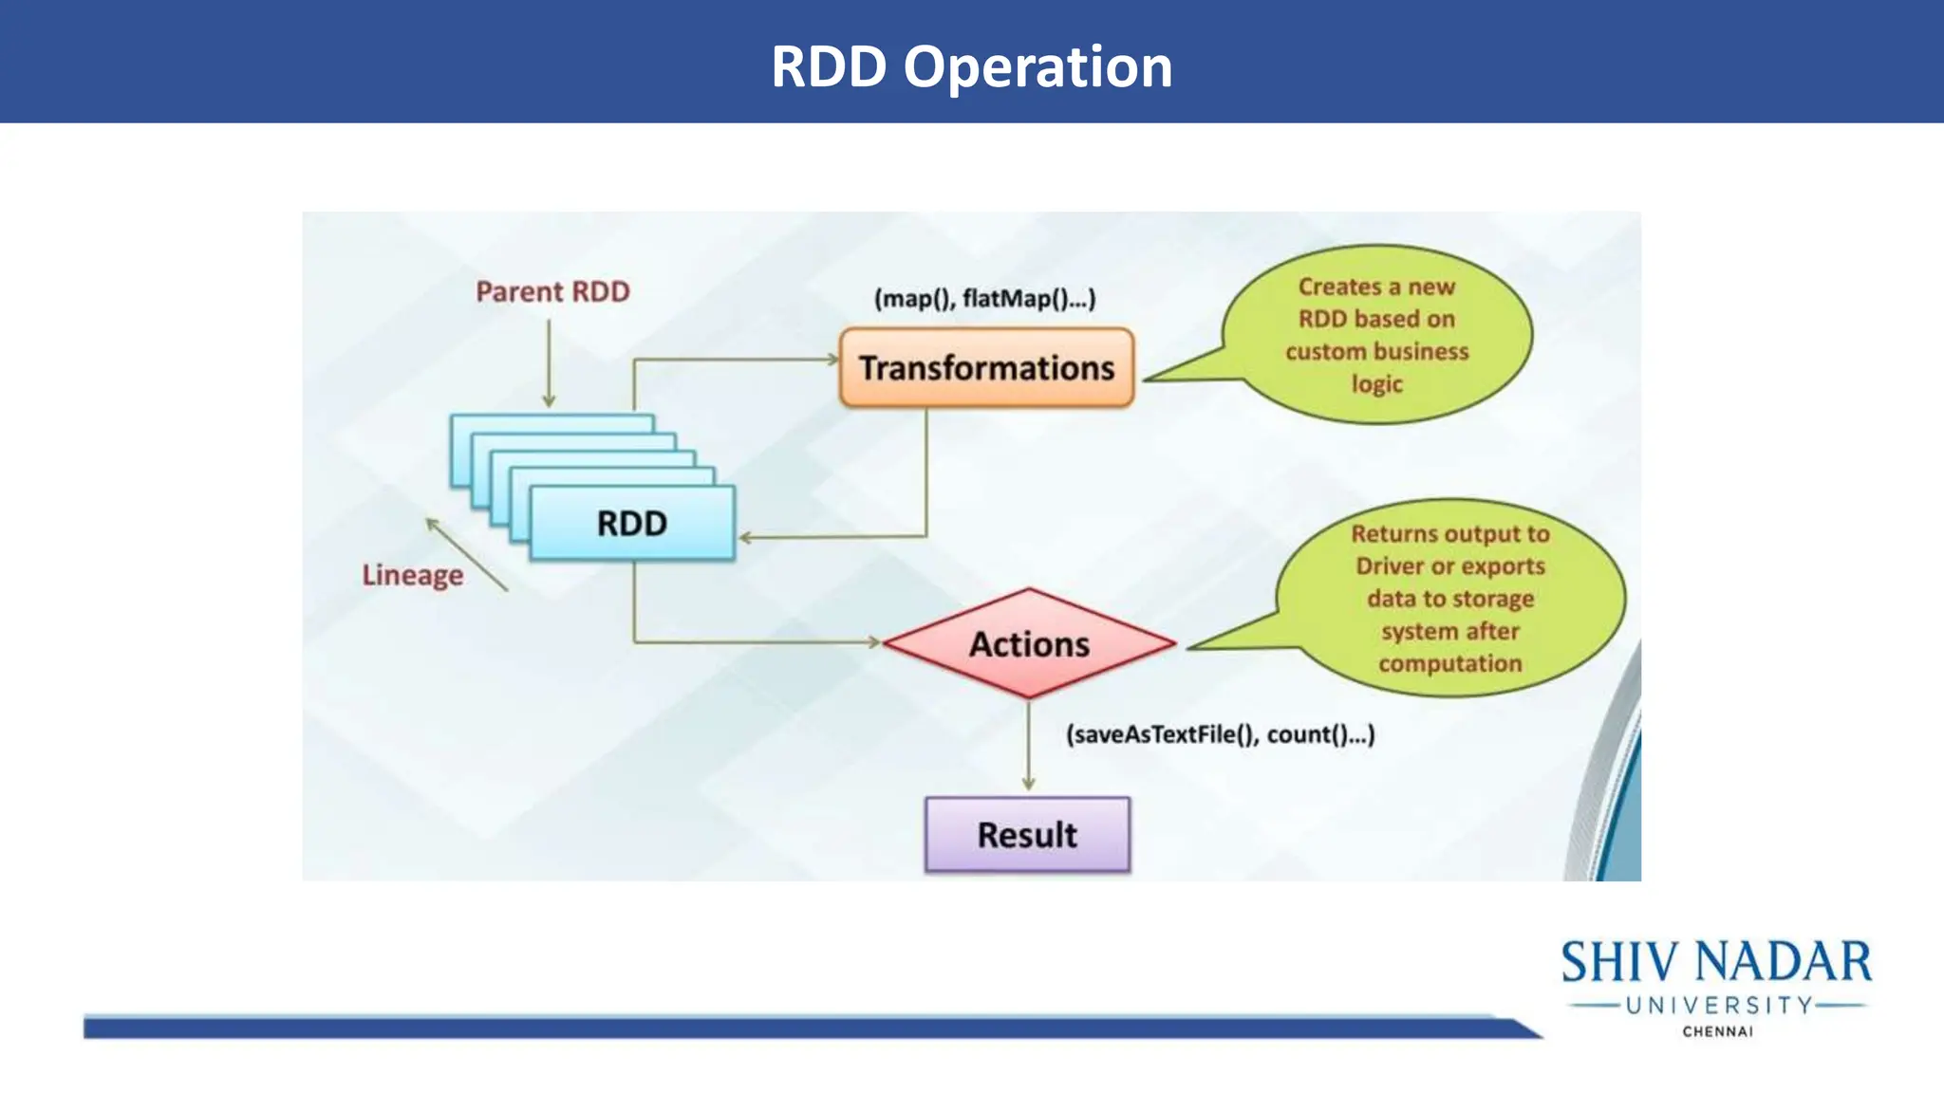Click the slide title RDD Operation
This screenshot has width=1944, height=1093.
pos(971,66)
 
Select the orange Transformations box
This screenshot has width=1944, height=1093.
pos(986,368)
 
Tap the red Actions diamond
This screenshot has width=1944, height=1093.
pos(1029,644)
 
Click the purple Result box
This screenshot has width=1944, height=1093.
pos(1027,835)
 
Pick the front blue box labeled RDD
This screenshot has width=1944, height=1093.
pos(632,523)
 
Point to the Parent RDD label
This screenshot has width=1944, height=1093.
pos(552,291)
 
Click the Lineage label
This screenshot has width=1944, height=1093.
pos(413,575)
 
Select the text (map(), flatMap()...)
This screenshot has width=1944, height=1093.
pos(984,299)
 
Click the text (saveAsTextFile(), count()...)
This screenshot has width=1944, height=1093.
pos(1220,734)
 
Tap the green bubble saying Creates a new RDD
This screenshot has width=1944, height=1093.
pos(1376,334)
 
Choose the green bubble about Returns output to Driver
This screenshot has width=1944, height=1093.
pos(1449,598)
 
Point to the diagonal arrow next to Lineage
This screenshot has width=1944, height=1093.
pos(466,554)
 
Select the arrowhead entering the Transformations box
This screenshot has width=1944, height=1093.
pos(832,360)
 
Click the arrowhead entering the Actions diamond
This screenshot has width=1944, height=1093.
pos(874,642)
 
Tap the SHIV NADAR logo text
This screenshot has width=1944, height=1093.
pos(1716,962)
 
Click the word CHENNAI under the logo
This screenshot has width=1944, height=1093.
pos(1717,1031)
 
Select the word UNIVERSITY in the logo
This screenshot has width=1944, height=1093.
pos(1719,1005)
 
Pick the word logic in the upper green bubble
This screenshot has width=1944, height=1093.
pos(1376,384)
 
